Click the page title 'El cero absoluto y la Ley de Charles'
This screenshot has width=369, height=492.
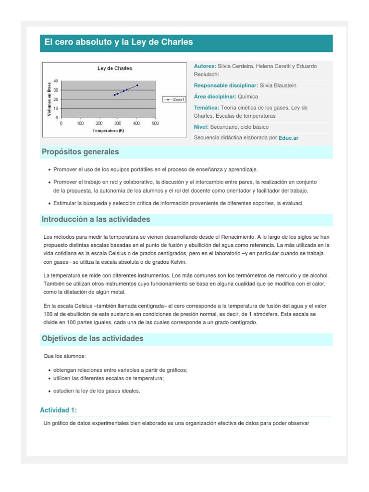pyautogui.click(x=119, y=42)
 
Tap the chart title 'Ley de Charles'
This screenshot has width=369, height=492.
pyautogui.click(x=114, y=68)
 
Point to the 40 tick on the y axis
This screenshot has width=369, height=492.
pyautogui.click(x=56, y=81)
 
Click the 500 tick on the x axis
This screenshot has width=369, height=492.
pyautogui.click(x=155, y=123)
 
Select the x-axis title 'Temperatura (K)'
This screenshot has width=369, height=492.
pyautogui.click(x=108, y=130)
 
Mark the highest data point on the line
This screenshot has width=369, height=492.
pyautogui.click(x=137, y=86)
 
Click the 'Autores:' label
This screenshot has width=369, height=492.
pyautogui.click(x=205, y=66)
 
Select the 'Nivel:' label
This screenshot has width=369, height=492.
pyautogui.click(x=201, y=127)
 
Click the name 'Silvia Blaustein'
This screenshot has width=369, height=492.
pyautogui.click(x=278, y=86)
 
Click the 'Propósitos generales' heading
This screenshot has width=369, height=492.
pyautogui.click(x=80, y=152)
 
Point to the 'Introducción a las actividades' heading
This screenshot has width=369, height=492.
pyautogui.click(x=96, y=219)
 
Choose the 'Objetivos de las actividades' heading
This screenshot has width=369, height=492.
pyautogui.click(x=93, y=339)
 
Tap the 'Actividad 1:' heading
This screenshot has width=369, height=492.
pyautogui.click(x=58, y=410)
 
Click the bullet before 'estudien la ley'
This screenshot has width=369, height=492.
pyautogui.click(x=50, y=391)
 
